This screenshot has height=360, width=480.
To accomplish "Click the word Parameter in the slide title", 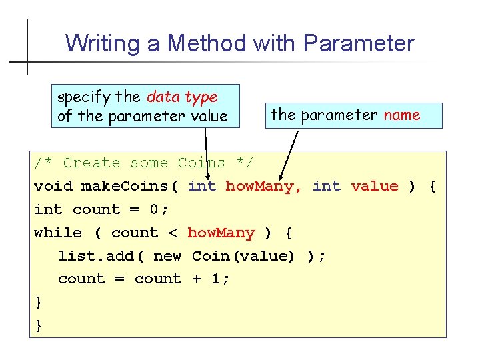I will coord(359,44).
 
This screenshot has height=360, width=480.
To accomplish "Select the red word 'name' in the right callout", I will coord(401,115).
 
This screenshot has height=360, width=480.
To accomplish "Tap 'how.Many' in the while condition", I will coord(221,233).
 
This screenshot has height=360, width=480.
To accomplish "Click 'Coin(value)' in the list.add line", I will coord(243,256).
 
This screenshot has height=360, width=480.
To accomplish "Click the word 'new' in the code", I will coord(167,256).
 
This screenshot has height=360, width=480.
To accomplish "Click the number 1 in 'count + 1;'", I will coord(215,279).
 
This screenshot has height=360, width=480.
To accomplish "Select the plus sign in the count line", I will coord(197,279).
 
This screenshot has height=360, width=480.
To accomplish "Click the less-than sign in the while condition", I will coord(173,233).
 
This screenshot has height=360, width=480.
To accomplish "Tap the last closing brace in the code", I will coord(39,326).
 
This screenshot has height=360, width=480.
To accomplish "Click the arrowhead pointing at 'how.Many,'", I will coord(283,174).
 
